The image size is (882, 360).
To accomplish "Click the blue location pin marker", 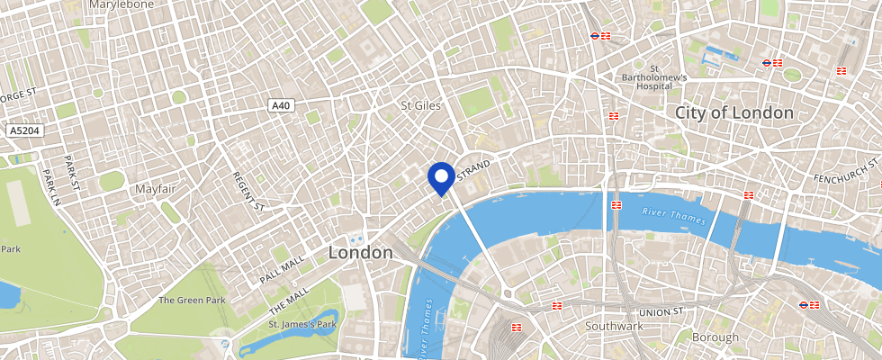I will pos(441,178).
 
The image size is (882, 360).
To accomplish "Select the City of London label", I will pos(733,112).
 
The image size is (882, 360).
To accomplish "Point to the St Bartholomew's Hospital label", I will pos(655,77).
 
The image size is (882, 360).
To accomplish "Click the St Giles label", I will pos(420,105).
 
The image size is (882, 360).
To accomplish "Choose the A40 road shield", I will pos(282,105).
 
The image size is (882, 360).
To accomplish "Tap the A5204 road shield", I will pos(25,131).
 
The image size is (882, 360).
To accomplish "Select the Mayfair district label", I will pos(155,189).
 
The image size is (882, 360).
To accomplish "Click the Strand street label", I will pos(474,169).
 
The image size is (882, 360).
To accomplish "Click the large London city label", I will pos(360,253).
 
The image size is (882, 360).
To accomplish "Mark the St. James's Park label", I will pos(302,324).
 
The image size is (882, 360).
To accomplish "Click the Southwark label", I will pos(614,325).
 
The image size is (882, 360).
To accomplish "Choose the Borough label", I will pos(715,337).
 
